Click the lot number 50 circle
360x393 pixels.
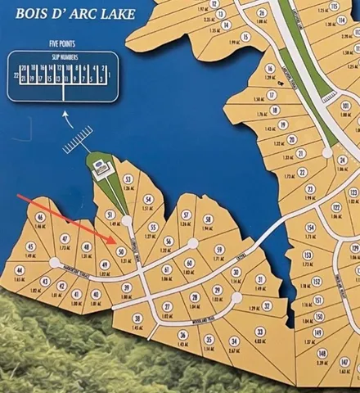click(121, 251)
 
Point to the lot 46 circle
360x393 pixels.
click(40, 218)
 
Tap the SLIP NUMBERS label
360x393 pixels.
click(63, 57)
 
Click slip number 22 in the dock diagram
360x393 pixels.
click(17, 74)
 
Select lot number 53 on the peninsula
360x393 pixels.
click(127, 179)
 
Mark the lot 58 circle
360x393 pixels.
click(208, 219)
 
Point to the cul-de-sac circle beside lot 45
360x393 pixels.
click(54, 263)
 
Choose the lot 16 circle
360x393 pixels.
click(271, 70)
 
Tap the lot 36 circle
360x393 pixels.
click(182, 335)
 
